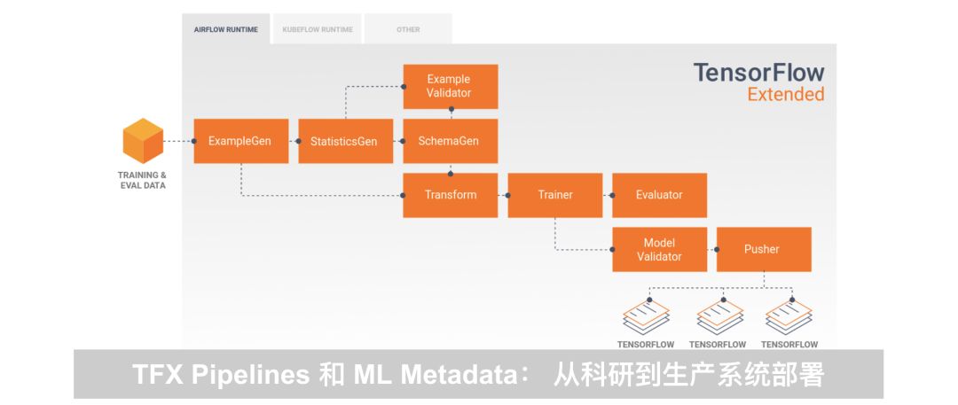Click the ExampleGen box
tap(240, 141)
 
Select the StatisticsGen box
tap(345, 141)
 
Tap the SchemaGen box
tap(451, 141)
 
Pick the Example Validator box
tap(451, 86)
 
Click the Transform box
tap(451, 195)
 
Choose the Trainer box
tap(555, 195)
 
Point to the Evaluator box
tap(659, 195)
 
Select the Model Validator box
tap(659, 249)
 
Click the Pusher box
tap(763, 249)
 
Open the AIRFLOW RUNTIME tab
tap(226, 29)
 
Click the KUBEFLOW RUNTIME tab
tap(318, 29)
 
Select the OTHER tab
tap(408, 29)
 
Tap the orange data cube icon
tap(142, 140)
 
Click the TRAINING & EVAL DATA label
tap(142, 180)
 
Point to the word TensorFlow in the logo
tap(758, 73)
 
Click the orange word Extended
tap(785, 94)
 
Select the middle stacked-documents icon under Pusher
tap(719, 316)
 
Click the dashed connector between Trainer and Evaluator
tap(608, 195)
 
